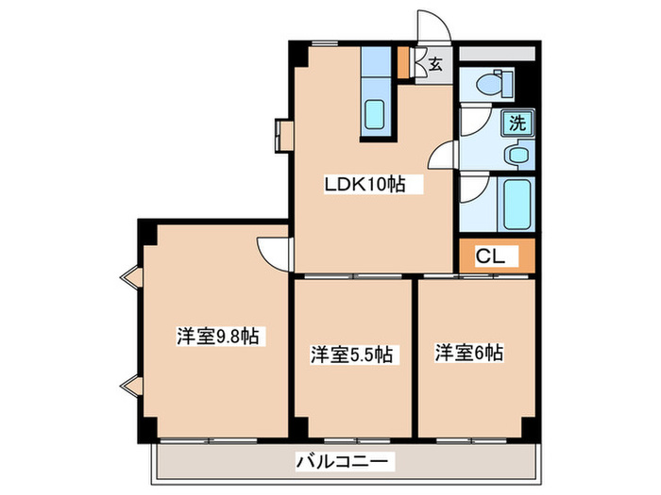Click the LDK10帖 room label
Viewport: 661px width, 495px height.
click(366, 185)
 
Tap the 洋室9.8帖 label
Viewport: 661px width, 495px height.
click(219, 336)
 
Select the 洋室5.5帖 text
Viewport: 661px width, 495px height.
click(352, 355)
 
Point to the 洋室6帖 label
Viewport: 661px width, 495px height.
click(469, 353)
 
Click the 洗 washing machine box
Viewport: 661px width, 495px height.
click(517, 122)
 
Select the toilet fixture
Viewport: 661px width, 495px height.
click(494, 84)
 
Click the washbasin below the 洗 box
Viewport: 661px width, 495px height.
click(517, 154)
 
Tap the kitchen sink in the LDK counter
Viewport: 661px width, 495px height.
click(374, 115)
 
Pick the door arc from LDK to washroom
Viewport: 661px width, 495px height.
click(444, 156)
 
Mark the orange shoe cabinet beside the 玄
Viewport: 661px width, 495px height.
click(403, 61)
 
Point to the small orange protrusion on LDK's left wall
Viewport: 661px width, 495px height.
click(284, 133)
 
